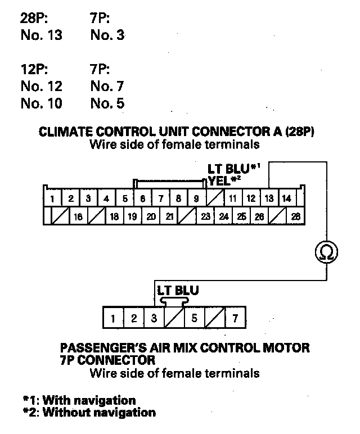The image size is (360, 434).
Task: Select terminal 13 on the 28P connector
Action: pyautogui.click(x=269, y=198)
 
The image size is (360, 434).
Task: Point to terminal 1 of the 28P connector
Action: pyautogui.click(x=52, y=198)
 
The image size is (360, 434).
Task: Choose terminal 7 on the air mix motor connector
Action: pyautogui.click(x=235, y=319)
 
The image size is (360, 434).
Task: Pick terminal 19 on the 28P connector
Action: pyautogui.click(x=133, y=216)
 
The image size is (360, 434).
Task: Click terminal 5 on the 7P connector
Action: pyautogui.click(x=194, y=319)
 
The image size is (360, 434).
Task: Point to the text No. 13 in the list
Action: pyautogui.click(x=41, y=35)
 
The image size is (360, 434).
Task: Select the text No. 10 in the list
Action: pyautogui.click(x=41, y=104)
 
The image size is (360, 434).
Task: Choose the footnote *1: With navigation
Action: pyautogui.click(x=79, y=400)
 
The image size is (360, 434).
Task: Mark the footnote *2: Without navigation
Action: pyautogui.click(x=89, y=412)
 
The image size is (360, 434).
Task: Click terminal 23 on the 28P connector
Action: pyautogui.click(x=206, y=216)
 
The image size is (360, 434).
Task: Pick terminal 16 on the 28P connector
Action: pyautogui.click(x=78, y=216)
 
